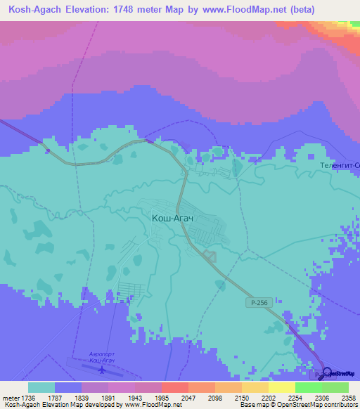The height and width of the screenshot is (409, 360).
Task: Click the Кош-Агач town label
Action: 172,219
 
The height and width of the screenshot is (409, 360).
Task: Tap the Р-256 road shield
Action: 257,302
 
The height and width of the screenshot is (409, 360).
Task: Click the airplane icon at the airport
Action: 103,368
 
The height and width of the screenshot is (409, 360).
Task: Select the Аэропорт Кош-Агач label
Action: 103,356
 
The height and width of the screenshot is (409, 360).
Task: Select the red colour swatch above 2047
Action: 174,387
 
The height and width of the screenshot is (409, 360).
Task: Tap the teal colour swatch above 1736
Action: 41,387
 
